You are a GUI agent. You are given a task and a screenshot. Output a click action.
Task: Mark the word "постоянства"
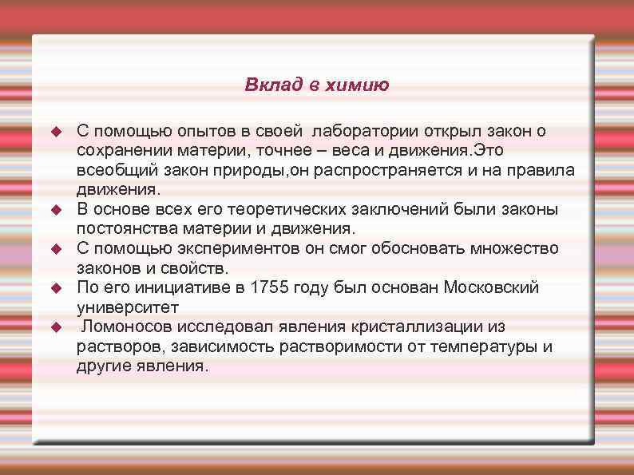click(x=123, y=228)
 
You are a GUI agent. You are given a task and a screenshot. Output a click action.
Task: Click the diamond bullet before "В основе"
click(x=55, y=209)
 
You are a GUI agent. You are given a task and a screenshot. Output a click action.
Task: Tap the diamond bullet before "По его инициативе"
click(x=55, y=287)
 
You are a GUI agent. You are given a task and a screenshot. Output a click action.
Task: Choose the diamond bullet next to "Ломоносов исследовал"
click(x=55, y=327)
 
